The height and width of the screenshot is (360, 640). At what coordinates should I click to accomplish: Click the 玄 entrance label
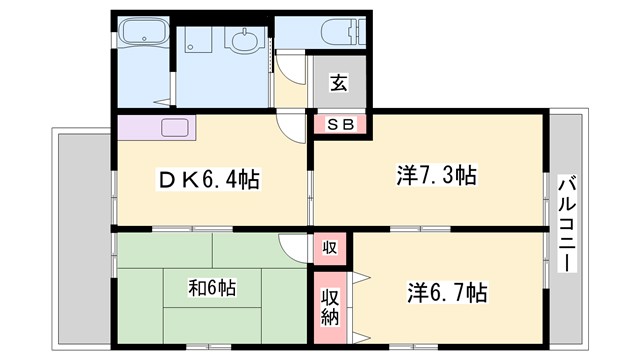[x=339, y=83]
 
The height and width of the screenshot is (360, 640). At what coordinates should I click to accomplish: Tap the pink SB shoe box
[x=340, y=124]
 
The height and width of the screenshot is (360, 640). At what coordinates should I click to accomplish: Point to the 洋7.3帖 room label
[x=435, y=177]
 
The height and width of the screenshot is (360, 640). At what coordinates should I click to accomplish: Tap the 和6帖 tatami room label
[x=212, y=288]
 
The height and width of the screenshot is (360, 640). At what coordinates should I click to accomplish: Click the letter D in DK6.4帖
[x=170, y=180]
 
